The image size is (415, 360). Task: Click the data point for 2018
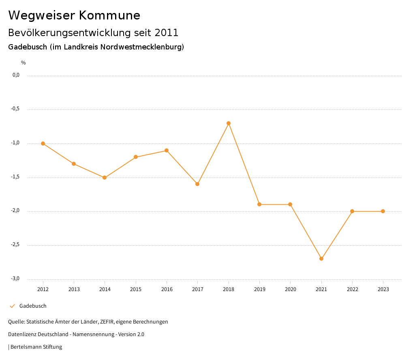pos(229,123)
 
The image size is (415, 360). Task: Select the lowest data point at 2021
pos(321,259)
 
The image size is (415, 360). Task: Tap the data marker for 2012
pos(43,144)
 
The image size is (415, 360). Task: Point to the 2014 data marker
pos(105,178)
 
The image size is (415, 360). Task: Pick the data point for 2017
pos(197,184)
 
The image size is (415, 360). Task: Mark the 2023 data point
pos(383,211)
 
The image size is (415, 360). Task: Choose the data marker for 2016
pos(167,150)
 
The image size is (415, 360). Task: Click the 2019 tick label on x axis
pos(259,289)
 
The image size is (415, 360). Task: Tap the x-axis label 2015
pos(136,289)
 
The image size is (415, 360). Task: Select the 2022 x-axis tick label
pos(352,289)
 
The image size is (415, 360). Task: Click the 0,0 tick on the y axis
pos(16,75)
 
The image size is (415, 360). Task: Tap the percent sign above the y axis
pos(24,63)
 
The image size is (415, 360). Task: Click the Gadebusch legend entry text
pos(33,306)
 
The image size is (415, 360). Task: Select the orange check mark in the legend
pos(12,306)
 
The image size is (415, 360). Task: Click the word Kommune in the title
pos(109,15)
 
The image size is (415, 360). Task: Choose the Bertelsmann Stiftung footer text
pos(36,347)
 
